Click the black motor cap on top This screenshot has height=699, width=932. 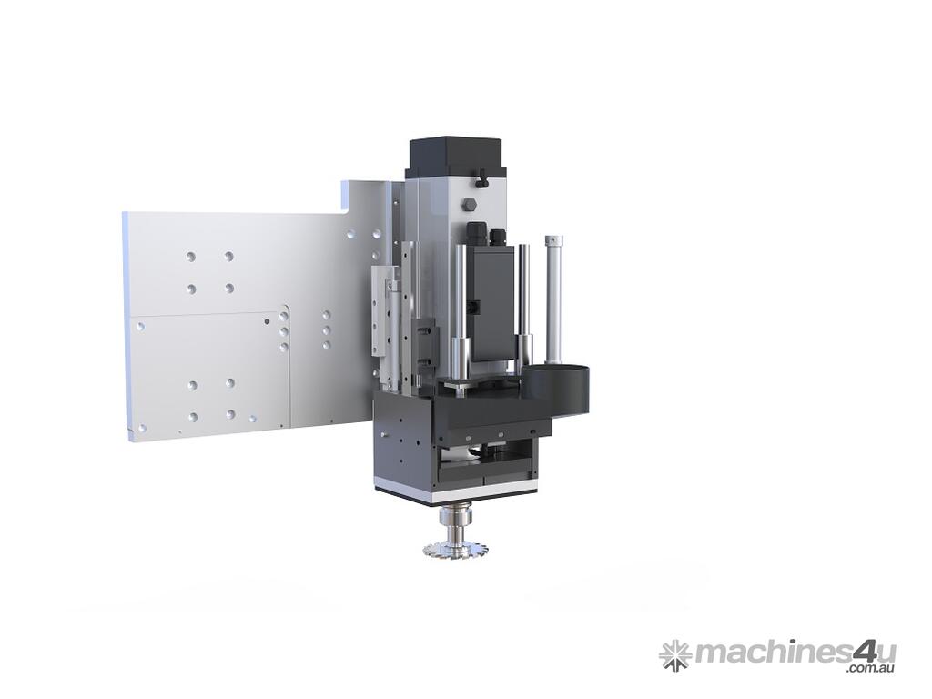[x=455, y=157]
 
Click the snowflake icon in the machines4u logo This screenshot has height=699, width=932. [x=674, y=653]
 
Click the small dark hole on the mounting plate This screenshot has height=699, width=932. [x=266, y=321]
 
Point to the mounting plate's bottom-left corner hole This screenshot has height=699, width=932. [x=141, y=426]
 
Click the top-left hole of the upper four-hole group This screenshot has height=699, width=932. [x=191, y=257]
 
